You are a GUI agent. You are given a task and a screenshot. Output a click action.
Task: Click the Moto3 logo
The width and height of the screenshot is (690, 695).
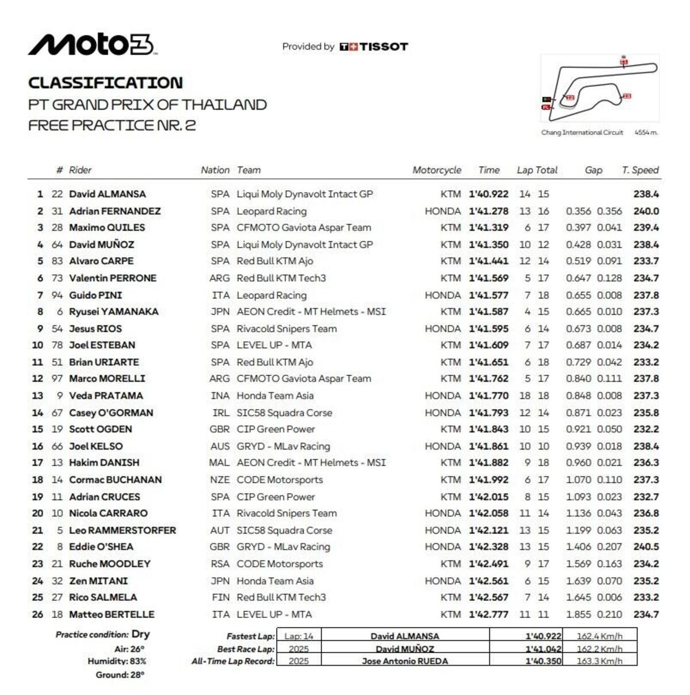point(92,45)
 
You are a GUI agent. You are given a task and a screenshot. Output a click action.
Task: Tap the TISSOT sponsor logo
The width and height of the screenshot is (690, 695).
point(374,47)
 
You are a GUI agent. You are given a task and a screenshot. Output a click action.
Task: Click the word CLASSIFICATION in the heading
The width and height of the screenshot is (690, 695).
point(105,83)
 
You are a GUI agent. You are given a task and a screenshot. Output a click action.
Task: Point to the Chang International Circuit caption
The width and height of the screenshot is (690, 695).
point(582,132)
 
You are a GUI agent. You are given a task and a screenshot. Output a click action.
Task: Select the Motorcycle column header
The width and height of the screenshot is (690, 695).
point(436,170)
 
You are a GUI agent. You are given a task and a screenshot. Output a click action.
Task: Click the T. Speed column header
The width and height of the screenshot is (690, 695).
point(640,170)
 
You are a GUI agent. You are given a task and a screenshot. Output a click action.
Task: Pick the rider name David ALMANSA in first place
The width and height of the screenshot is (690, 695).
point(107,194)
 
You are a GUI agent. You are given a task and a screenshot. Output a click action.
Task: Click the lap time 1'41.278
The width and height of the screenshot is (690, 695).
point(488,211)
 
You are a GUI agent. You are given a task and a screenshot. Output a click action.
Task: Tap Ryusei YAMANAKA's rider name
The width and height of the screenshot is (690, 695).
point(113,312)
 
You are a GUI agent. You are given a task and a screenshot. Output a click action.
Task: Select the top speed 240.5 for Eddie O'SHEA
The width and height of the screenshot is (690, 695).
point(646,547)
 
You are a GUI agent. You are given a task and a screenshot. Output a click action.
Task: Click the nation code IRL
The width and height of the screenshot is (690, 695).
point(220,413)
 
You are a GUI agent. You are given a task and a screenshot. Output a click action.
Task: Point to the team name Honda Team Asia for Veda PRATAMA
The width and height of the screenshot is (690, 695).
point(275,396)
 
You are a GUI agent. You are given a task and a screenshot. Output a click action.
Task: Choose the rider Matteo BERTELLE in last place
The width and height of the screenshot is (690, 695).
point(112,614)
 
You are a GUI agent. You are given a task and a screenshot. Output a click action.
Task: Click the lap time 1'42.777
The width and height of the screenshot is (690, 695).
point(488,614)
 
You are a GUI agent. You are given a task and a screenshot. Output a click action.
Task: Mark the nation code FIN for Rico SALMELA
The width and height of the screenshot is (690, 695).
point(220,597)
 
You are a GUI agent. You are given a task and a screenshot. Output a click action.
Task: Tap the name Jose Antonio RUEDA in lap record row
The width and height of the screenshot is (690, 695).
point(405,661)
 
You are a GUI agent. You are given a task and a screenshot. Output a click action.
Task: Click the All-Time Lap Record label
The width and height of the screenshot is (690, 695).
point(233,661)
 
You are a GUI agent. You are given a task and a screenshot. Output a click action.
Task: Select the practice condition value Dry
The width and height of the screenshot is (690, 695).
point(141,634)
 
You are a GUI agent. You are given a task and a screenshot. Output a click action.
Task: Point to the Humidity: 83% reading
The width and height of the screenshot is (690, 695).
point(117,661)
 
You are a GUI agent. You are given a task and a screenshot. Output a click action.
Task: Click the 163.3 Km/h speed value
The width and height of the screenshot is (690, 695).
point(600,661)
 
